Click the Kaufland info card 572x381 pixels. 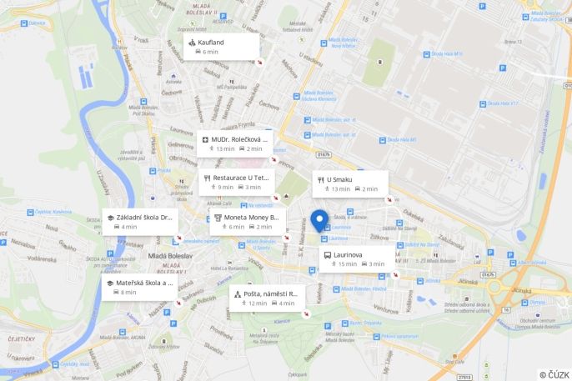click(x=221, y=47)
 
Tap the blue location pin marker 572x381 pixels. click(x=319, y=221)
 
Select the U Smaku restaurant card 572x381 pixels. click(x=350, y=183)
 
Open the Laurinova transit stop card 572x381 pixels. click(x=358, y=258)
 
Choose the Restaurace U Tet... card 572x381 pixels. click(x=236, y=182)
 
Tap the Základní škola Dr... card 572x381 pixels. click(x=139, y=221)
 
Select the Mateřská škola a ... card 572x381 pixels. click(x=139, y=287)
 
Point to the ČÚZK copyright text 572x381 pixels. click(x=554, y=374)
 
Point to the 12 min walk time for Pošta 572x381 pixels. click(x=258, y=303)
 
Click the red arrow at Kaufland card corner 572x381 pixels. click(x=259, y=61)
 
